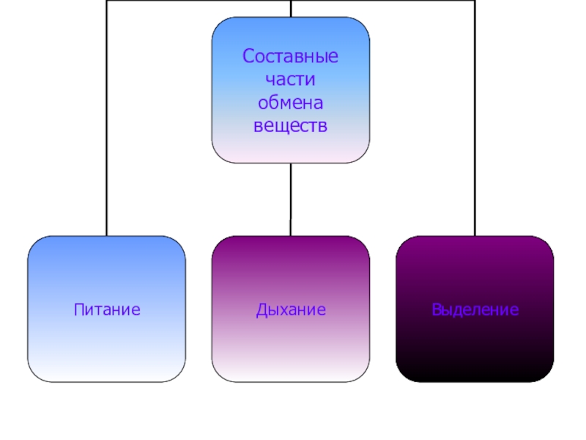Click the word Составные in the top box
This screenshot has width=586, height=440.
(x=291, y=56)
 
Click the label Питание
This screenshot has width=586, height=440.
(x=107, y=309)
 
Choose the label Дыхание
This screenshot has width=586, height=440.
(x=291, y=309)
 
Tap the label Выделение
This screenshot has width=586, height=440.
(x=475, y=309)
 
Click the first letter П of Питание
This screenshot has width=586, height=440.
(x=78, y=309)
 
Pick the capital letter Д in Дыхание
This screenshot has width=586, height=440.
(x=262, y=309)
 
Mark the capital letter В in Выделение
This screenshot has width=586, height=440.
(x=437, y=309)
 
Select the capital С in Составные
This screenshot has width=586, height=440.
(x=248, y=56)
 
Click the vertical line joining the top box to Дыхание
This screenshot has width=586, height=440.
(x=291, y=198)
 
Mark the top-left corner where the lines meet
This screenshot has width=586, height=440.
(x=107, y=1)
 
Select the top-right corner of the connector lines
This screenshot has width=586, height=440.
(x=475, y=1)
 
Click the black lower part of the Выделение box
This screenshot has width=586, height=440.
(x=475, y=363)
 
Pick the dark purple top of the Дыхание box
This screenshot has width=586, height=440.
(x=291, y=249)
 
